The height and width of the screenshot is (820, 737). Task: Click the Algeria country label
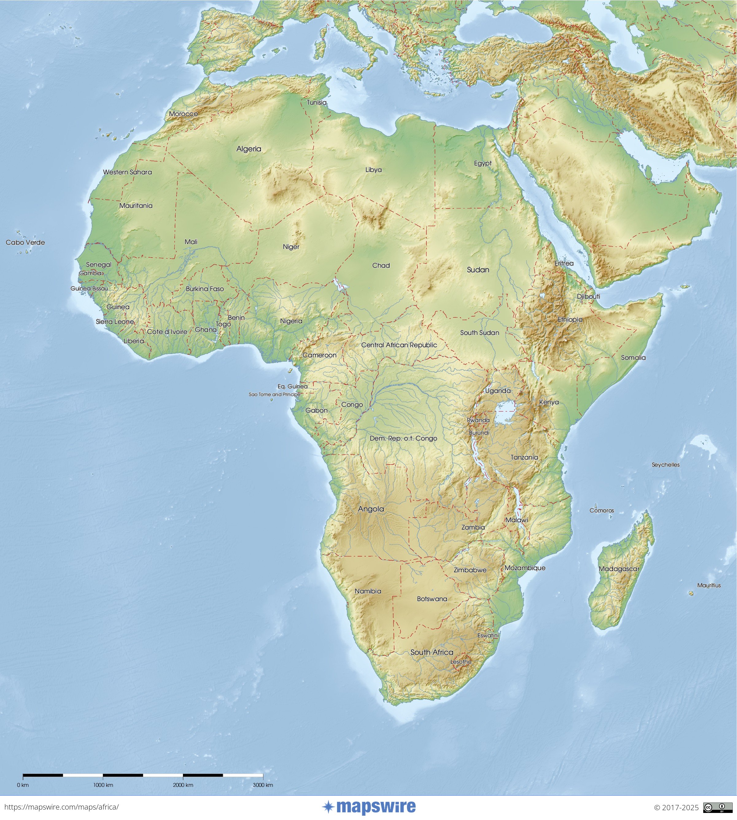249,149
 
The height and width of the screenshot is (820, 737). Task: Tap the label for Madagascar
619,569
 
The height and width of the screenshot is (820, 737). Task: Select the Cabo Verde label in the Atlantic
25,243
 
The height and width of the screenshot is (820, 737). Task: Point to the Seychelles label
665,464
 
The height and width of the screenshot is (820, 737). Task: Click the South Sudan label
479,332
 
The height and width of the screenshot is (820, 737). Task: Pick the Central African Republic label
399,345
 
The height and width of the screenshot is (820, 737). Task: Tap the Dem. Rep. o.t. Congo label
403,438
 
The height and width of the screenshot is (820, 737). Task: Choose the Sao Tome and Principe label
274,394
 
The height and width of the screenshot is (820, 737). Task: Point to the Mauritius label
709,585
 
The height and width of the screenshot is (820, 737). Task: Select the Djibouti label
588,297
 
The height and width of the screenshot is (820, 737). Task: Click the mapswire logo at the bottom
369,807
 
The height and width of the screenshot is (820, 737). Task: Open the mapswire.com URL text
60,807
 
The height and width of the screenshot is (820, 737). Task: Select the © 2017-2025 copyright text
676,807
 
